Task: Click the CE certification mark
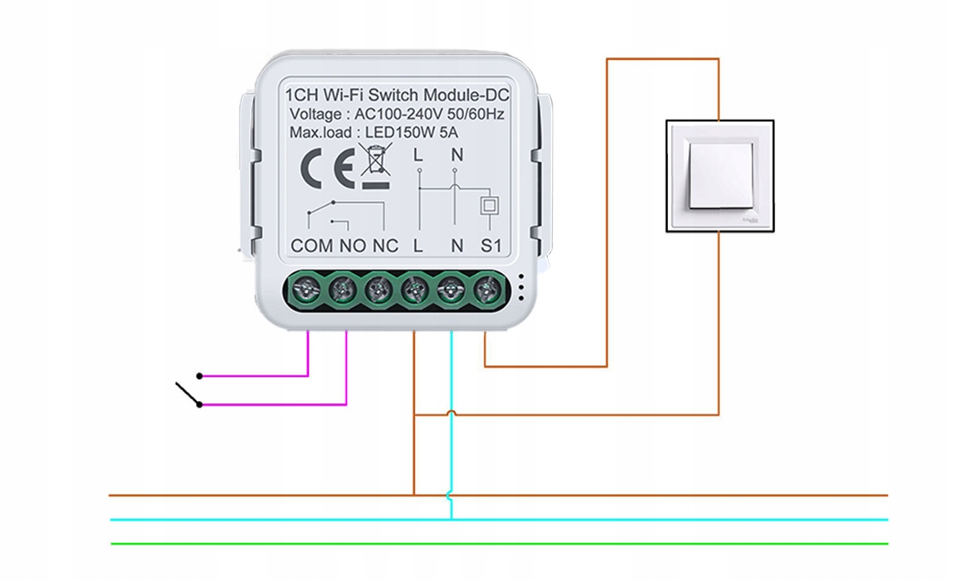[x=326, y=169]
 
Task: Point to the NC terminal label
[x=386, y=246]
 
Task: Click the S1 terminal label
[x=492, y=246]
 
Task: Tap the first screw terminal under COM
[x=308, y=290]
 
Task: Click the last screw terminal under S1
[x=486, y=290]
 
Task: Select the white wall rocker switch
[x=720, y=175]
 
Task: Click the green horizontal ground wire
[x=498, y=544]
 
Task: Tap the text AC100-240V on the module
[x=398, y=115]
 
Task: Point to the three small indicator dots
[x=520, y=286]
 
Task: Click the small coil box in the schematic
[x=490, y=205]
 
